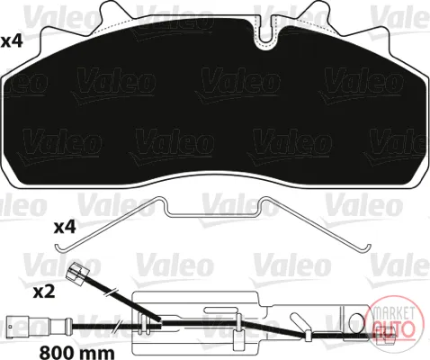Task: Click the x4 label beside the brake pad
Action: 12,41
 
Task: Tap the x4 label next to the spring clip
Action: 65,228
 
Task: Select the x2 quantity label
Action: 44,292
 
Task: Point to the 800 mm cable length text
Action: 77,352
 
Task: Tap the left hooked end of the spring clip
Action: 61,248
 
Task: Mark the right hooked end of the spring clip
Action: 366,248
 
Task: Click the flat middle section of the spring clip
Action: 214,215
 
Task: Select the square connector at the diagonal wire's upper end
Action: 77,272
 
